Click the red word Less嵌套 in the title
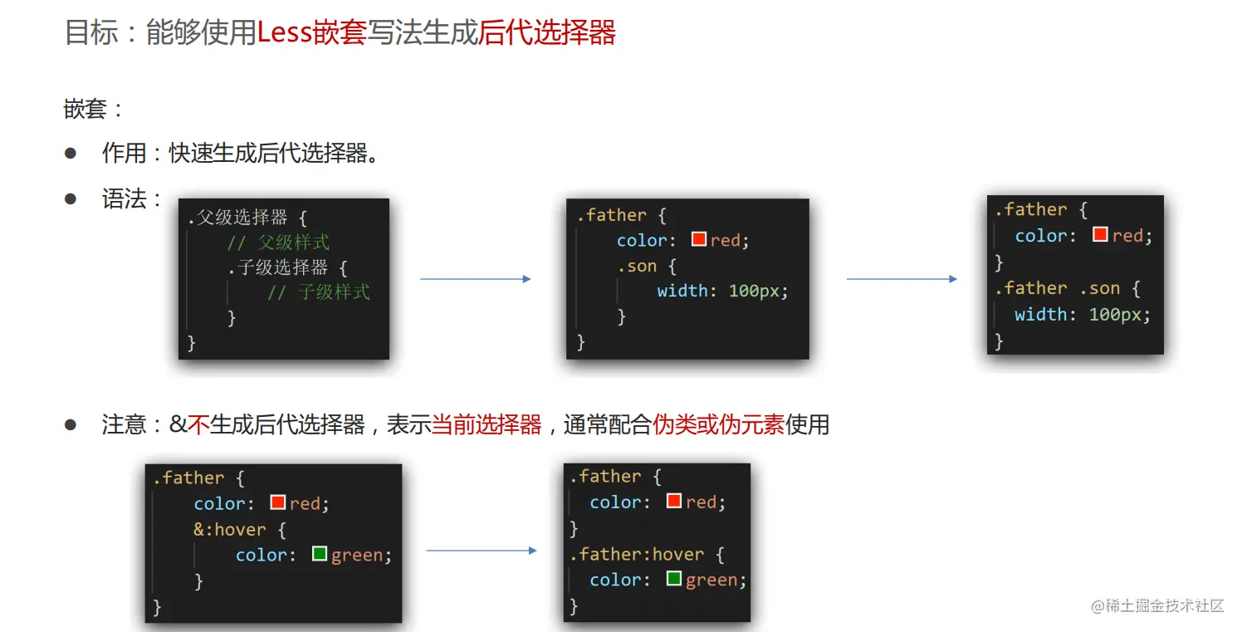click(312, 33)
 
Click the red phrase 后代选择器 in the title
click(547, 33)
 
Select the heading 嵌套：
click(94, 109)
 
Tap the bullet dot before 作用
click(71, 154)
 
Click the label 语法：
click(131, 199)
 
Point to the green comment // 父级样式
click(278, 243)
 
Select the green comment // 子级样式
click(319, 292)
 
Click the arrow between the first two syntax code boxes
click(475, 279)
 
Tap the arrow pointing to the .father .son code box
click(902, 279)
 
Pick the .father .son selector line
click(1067, 288)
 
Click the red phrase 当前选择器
click(487, 425)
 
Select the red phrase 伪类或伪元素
click(719, 425)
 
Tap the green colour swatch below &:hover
click(320, 553)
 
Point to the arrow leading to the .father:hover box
click(482, 551)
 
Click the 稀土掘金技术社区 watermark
click(1158, 605)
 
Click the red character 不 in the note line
click(198, 425)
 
